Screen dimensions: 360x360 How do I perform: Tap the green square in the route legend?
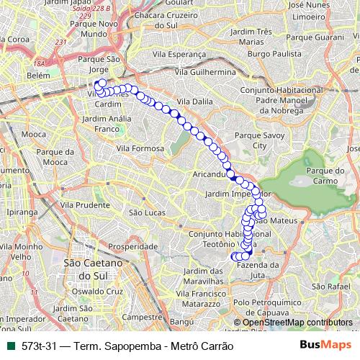[x=9, y=346]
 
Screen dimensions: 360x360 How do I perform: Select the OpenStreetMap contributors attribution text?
[x=297, y=323]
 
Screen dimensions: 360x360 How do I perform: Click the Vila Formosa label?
[x=145, y=148]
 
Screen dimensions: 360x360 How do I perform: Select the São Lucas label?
[x=143, y=212]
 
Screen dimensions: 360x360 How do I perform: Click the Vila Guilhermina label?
[x=211, y=73]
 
